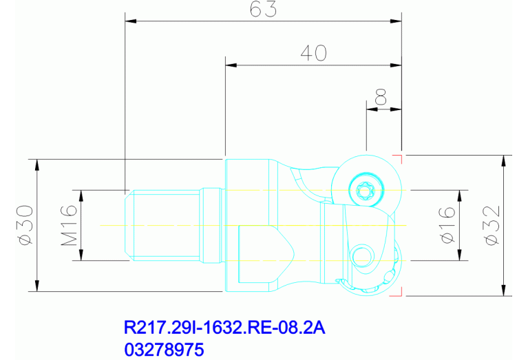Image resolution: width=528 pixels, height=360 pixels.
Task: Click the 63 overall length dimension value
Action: click(x=264, y=9)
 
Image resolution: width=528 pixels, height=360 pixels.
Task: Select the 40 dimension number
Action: click(x=313, y=53)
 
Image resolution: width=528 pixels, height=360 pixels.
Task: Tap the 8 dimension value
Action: click(x=381, y=97)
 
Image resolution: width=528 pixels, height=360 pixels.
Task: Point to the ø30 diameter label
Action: click(x=26, y=225)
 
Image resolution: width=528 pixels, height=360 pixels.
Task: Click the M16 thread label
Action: click(x=69, y=225)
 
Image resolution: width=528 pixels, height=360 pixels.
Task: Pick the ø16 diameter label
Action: click(x=448, y=225)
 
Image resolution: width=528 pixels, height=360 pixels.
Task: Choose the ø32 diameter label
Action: click(x=492, y=225)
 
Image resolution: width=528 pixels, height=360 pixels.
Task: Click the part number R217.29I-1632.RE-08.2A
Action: click(x=224, y=328)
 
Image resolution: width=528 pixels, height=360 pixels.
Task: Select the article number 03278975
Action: click(x=164, y=349)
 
